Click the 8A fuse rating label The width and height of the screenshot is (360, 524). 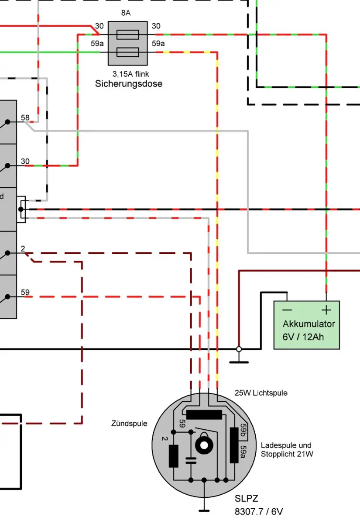click(x=126, y=14)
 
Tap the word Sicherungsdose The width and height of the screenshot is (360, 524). click(x=129, y=84)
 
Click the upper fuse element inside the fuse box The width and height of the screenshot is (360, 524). click(x=128, y=34)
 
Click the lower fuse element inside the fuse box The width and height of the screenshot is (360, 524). click(x=128, y=52)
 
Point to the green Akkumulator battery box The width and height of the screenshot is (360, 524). click(x=306, y=325)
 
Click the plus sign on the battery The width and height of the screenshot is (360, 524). click(x=326, y=310)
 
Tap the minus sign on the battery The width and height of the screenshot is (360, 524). click(x=287, y=310)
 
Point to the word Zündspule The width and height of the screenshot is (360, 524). click(x=129, y=424)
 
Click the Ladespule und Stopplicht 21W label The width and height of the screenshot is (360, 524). click(x=287, y=450)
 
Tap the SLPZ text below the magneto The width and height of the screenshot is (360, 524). click(x=247, y=499)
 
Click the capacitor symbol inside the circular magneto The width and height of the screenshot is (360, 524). click(x=191, y=460)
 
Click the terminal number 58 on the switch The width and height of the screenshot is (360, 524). click(x=25, y=118)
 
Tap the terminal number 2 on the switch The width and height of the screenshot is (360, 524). click(x=23, y=249)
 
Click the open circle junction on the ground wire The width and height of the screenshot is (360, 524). click(x=239, y=349)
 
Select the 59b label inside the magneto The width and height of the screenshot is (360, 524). click(x=244, y=432)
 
